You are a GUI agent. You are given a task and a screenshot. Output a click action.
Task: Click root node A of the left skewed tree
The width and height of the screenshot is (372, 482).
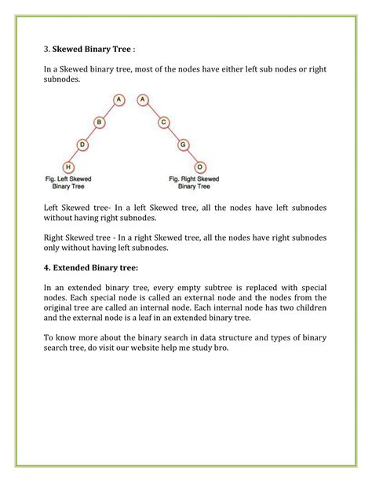click(x=119, y=100)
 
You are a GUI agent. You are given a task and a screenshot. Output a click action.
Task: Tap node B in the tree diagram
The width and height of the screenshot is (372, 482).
click(x=100, y=122)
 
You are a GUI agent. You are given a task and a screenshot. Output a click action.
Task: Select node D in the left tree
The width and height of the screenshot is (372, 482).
click(x=82, y=145)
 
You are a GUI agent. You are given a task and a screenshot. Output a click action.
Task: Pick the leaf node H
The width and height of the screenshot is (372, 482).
click(x=68, y=167)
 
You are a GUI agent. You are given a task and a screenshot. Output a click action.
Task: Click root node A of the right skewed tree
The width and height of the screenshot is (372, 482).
click(x=143, y=100)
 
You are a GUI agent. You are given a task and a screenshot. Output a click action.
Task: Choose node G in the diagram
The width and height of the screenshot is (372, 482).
click(x=182, y=145)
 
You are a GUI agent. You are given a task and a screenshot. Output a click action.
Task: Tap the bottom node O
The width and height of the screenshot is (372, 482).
click(x=201, y=167)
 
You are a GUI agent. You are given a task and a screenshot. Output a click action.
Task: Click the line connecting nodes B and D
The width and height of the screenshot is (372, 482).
click(x=91, y=134)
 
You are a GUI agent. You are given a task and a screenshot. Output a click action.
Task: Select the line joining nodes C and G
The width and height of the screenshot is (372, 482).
click(x=173, y=134)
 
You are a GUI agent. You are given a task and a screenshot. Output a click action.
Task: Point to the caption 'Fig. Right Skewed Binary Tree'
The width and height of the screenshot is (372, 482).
click(x=194, y=183)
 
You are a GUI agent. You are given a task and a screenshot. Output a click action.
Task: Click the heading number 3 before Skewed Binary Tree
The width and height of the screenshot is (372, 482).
click(x=46, y=47)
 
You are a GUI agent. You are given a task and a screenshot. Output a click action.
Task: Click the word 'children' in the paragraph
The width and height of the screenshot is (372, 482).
click(x=305, y=308)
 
